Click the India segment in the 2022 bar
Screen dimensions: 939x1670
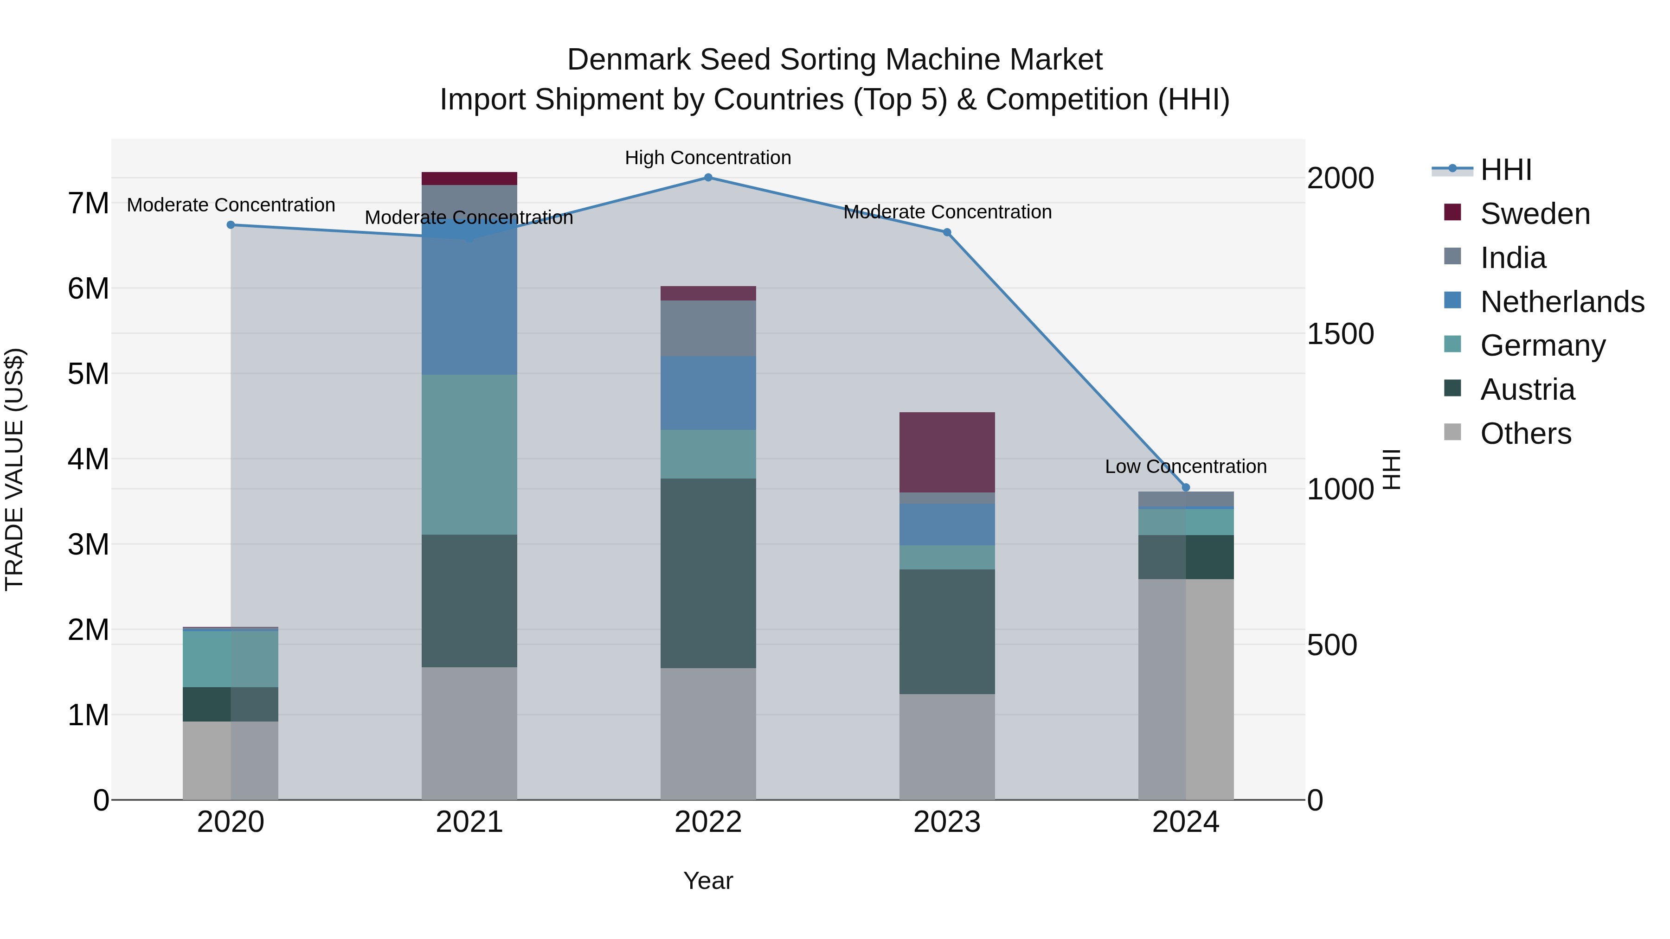pos(708,328)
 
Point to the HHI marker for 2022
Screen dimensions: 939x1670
pos(708,178)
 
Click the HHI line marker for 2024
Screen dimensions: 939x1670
pos(1186,487)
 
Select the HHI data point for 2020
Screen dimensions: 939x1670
pos(231,225)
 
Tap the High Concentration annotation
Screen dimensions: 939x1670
pos(708,158)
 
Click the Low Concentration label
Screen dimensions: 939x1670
pos(1185,466)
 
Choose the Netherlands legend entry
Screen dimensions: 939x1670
pos(1562,302)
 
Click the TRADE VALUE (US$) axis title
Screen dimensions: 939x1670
pos(16,469)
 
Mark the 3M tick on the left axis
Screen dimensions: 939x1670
pos(88,544)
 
